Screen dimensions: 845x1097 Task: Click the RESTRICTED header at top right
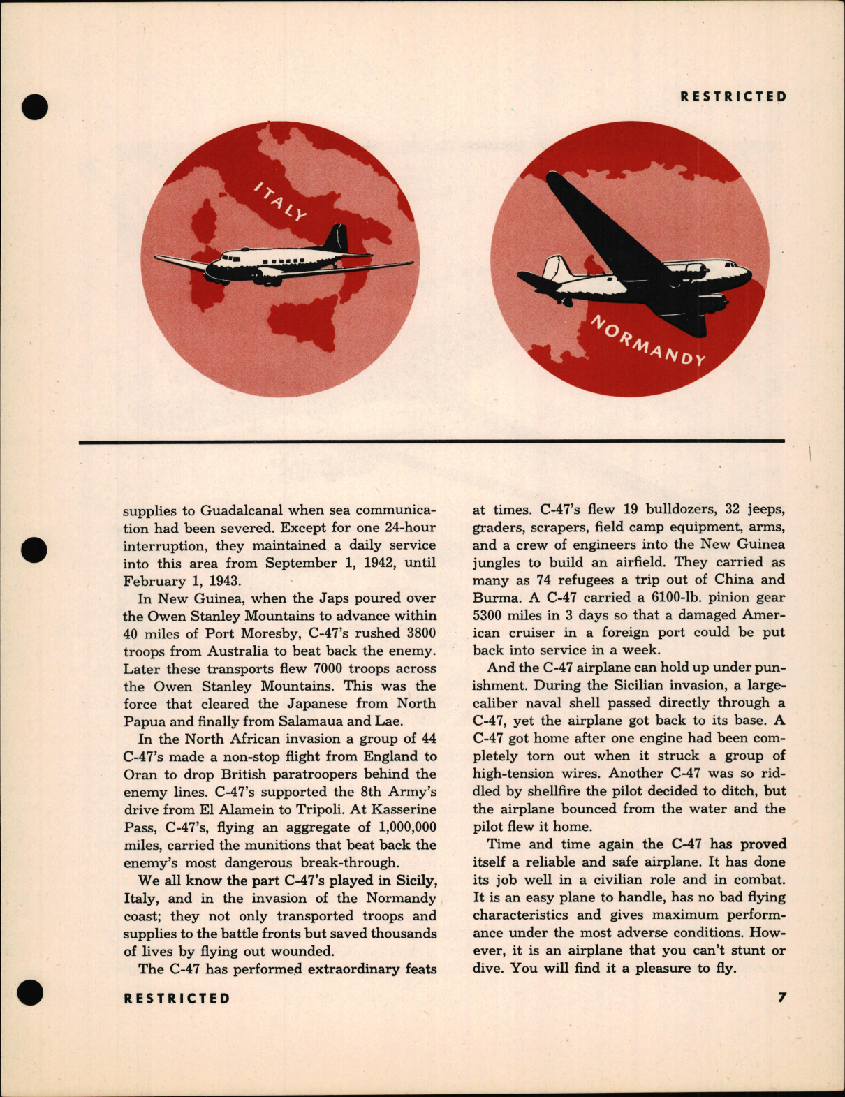point(733,97)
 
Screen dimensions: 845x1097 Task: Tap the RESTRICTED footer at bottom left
point(177,999)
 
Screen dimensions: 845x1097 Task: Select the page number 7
point(782,998)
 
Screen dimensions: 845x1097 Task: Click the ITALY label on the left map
point(279,201)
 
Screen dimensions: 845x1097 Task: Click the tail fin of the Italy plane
point(337,238)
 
